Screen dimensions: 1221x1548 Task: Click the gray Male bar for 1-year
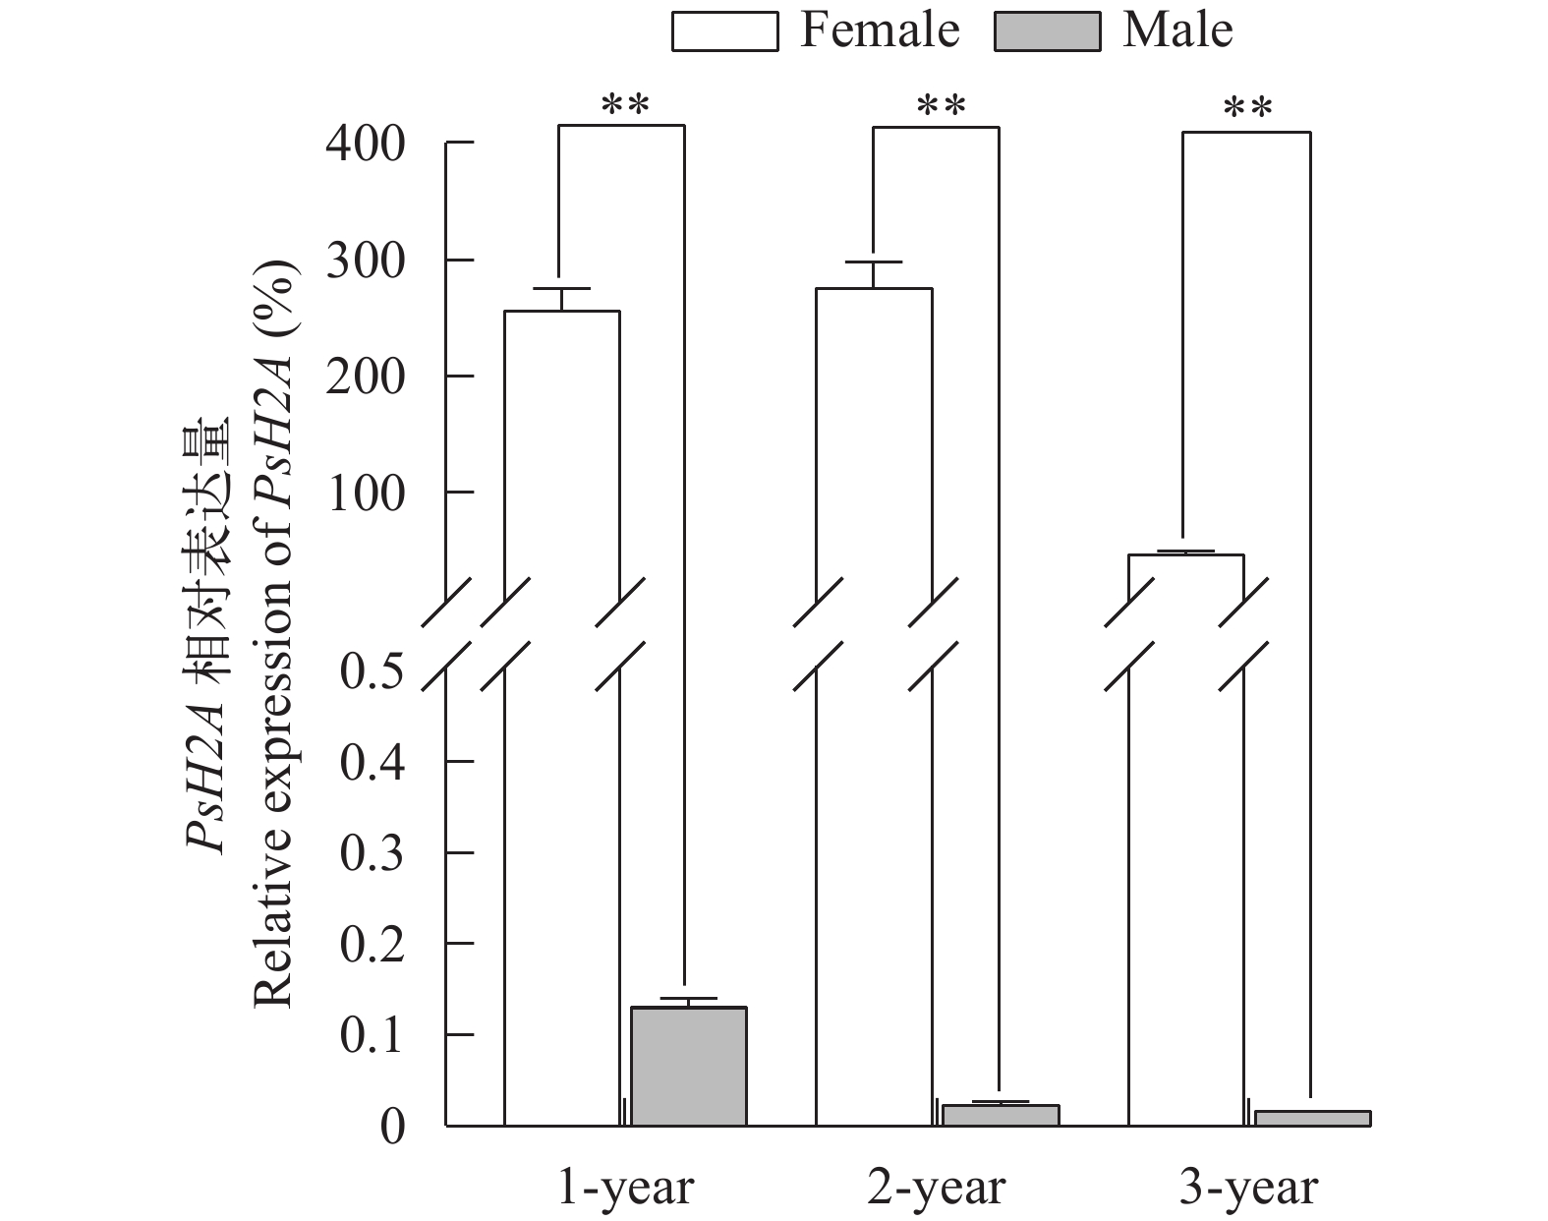coord(688,1067)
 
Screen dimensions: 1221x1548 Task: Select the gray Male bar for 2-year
coord(1001,1115)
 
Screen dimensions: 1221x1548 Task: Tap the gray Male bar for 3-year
coord(1312,1118)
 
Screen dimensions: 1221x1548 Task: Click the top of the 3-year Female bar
coord(1185,556)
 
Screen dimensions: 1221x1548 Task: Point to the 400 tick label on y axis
coord(366,145)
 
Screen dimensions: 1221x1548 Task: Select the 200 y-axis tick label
coord(366,377)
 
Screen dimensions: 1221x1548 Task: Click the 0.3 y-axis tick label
coord(372,853)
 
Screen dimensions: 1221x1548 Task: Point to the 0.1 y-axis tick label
coord(372,1035)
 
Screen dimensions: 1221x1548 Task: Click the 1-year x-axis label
coord(626,1188)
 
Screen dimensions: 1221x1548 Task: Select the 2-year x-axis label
coord(938,1188)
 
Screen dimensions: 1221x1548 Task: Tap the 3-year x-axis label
coord(1248,1188)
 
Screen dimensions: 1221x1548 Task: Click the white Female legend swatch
coord(724,30)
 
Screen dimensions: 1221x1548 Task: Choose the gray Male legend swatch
coord(1047,30)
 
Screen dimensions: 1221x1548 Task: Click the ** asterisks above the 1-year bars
coord(625,103)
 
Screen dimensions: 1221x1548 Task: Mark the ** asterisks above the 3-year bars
coord(1247,107)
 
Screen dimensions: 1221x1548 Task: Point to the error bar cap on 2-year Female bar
coord(874,262)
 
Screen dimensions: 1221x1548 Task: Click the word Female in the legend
coord(879,30)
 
